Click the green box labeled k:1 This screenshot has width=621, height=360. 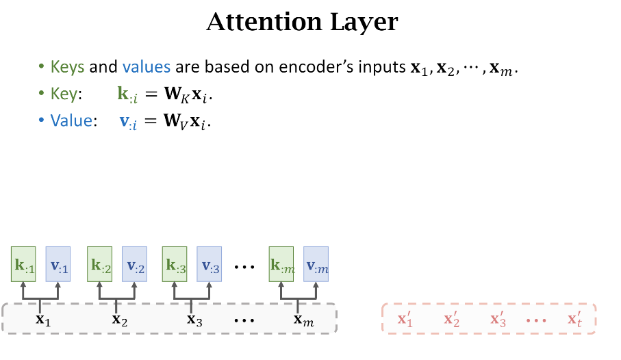(23, 263)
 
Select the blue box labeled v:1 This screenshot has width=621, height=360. (58, 263)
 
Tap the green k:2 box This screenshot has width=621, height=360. (100, 263)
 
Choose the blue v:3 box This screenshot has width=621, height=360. (210, 263)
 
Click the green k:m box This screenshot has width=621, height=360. (282, 263)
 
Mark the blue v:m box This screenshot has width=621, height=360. (316, 263)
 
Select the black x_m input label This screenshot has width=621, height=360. (302, 319)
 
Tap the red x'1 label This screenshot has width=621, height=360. (405, 319)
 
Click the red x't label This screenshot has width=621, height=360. (574, 319)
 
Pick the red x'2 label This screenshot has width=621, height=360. (452, 319)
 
